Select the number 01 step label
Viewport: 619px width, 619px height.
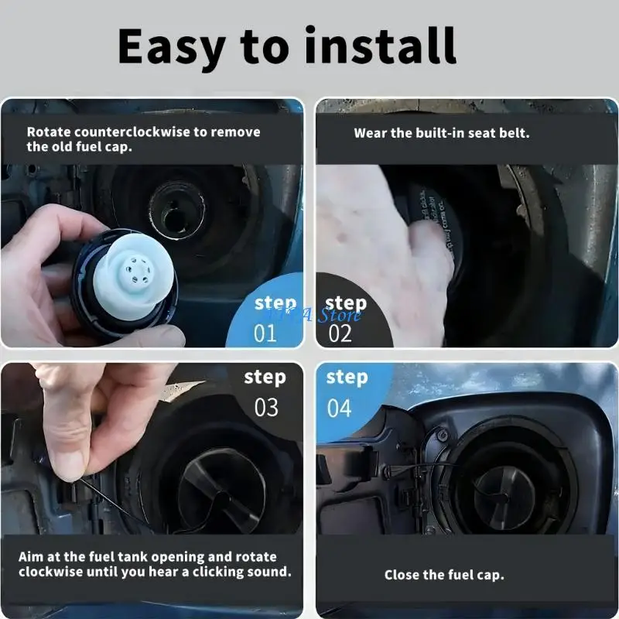[x=266, y=333]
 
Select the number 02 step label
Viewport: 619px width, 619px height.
[x=340, y=333]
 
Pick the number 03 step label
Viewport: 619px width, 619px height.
[x=266, y=408]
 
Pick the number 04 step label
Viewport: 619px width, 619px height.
[x=340, y=408]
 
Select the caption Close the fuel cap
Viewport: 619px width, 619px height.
[x=444, y=575]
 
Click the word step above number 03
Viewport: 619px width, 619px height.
[x=265, y=378]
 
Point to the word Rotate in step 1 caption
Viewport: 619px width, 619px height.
[x=49, y=132]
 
